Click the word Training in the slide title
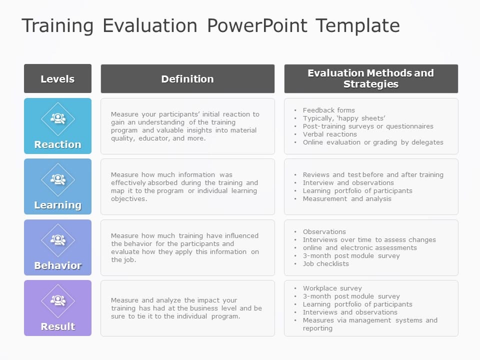[57, 26]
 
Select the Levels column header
[57, 79]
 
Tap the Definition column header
[187, 79]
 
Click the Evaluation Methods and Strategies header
[371, 79]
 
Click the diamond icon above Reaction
[58, 119]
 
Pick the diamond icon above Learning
[58, 179]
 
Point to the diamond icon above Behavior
[58, 240]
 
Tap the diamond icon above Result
[58, 301]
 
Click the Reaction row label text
[57, 144]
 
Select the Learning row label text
[57, 205]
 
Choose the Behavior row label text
[57, 265]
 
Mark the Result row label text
[57, 326]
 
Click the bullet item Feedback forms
[328, 110]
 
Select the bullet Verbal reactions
[329, 134]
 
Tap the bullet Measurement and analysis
[347, 198]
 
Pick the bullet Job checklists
[325, 263]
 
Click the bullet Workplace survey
[332, 288]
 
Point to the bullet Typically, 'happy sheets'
[343, 118]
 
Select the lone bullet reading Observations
[324, 231]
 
